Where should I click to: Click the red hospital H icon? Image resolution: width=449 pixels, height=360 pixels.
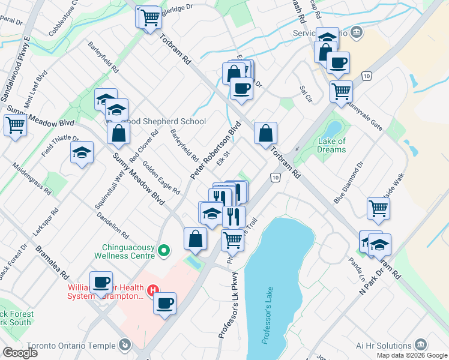tap(153, 290)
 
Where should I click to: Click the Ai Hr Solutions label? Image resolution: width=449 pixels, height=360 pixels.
tap(382, 344)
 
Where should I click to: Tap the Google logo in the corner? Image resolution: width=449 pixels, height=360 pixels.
tap(19, 353)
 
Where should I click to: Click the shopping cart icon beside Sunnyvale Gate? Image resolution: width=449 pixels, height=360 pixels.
tap(341, 92)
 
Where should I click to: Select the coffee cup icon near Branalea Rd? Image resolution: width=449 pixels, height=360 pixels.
tap(101, 282)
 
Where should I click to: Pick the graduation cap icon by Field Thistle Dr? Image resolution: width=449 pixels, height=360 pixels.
tap(82, 153)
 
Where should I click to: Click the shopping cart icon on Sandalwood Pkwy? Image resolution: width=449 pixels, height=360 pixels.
tap(14, 126)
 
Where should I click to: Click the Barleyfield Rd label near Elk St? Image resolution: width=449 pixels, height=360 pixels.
tap(184, 146)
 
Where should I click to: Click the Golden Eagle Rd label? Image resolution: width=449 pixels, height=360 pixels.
tap(161, 180)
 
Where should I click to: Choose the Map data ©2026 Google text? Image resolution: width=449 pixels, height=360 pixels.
tap(412, 355)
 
